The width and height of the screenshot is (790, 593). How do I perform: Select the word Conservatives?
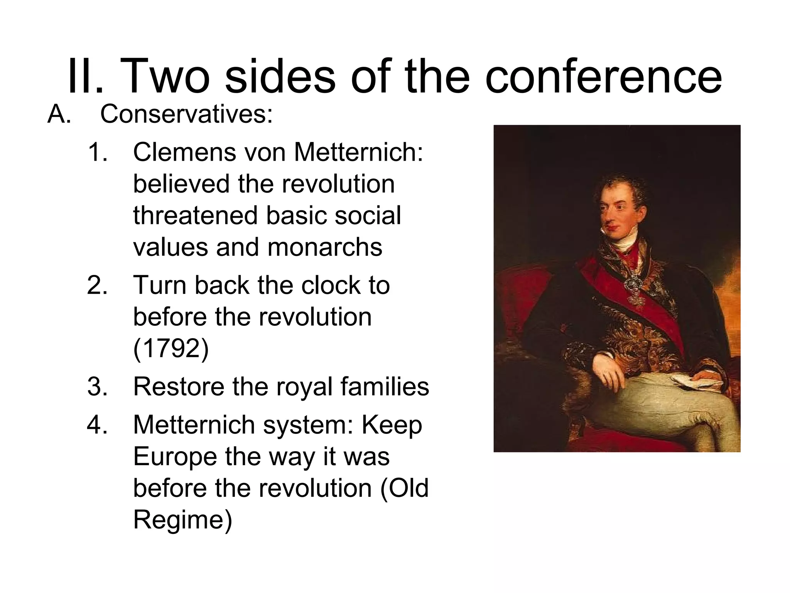[x=186, y=114]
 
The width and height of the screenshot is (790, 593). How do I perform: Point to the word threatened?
[x=195, y=215]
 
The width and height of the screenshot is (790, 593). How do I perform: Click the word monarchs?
[x=325, y=247]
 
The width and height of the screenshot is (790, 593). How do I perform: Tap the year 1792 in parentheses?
[x=170, y=349]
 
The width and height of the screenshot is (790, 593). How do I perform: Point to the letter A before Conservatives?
[x=59, y=114]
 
